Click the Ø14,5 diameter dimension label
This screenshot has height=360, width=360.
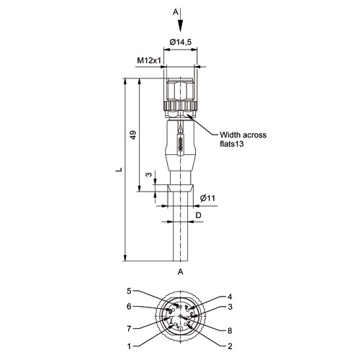click(x=181, y=42)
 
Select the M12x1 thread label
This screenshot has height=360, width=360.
click(x=149, y=60)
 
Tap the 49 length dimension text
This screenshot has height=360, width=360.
click(x=133, y=135)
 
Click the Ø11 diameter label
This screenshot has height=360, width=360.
click(x=207, y=198)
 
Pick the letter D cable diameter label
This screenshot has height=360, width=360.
click(x=198, y=215)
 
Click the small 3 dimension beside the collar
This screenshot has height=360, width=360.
click(x=149, y=174)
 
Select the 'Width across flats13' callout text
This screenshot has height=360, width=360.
click(x=243, y=139)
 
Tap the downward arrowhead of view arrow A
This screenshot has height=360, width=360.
click(x=181, y=25)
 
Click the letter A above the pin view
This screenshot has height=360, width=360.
click(x=181, y=271)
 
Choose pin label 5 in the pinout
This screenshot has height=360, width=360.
click(x=129, y=291)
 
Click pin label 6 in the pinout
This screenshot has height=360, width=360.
click(x=129, y=307)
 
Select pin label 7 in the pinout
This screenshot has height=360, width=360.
click(x=129, y=329)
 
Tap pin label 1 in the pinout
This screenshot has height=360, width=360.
click(x=129, y=346)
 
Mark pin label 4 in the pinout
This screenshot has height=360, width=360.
click(x=230, y=297)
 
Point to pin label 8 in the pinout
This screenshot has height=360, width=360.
click(x=230, y=330)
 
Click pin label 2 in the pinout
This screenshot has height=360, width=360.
click(x=230, y=346)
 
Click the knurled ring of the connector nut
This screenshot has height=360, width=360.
click(x=180, y=106)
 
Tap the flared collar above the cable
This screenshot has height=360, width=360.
click(x=180, y=188)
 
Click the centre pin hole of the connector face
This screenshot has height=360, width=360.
click(x=181, y=317)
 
